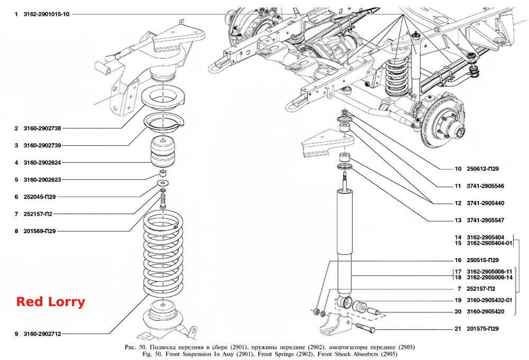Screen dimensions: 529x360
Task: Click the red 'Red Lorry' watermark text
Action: tap(51, 302)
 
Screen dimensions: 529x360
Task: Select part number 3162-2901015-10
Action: tap(46, 14)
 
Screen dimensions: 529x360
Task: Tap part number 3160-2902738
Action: tap(42, 128)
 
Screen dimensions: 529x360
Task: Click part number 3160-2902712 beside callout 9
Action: tap(42, 334)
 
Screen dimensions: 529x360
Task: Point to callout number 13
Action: tap(458, 220)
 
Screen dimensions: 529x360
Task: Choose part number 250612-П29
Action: tap(482, 169)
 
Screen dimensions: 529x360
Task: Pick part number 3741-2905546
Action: tap(486, 186)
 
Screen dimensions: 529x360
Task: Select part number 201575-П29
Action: tap(482, 328)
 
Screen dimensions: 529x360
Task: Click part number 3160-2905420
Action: tap(486, 311)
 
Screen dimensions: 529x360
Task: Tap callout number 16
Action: tap(458, 260)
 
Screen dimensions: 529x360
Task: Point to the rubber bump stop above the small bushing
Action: tap(162, 152)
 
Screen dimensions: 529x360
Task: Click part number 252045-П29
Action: tap(40, 197)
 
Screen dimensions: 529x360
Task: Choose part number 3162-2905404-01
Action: tap(489, 243)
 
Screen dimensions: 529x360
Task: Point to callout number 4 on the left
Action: tap(16, 162)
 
